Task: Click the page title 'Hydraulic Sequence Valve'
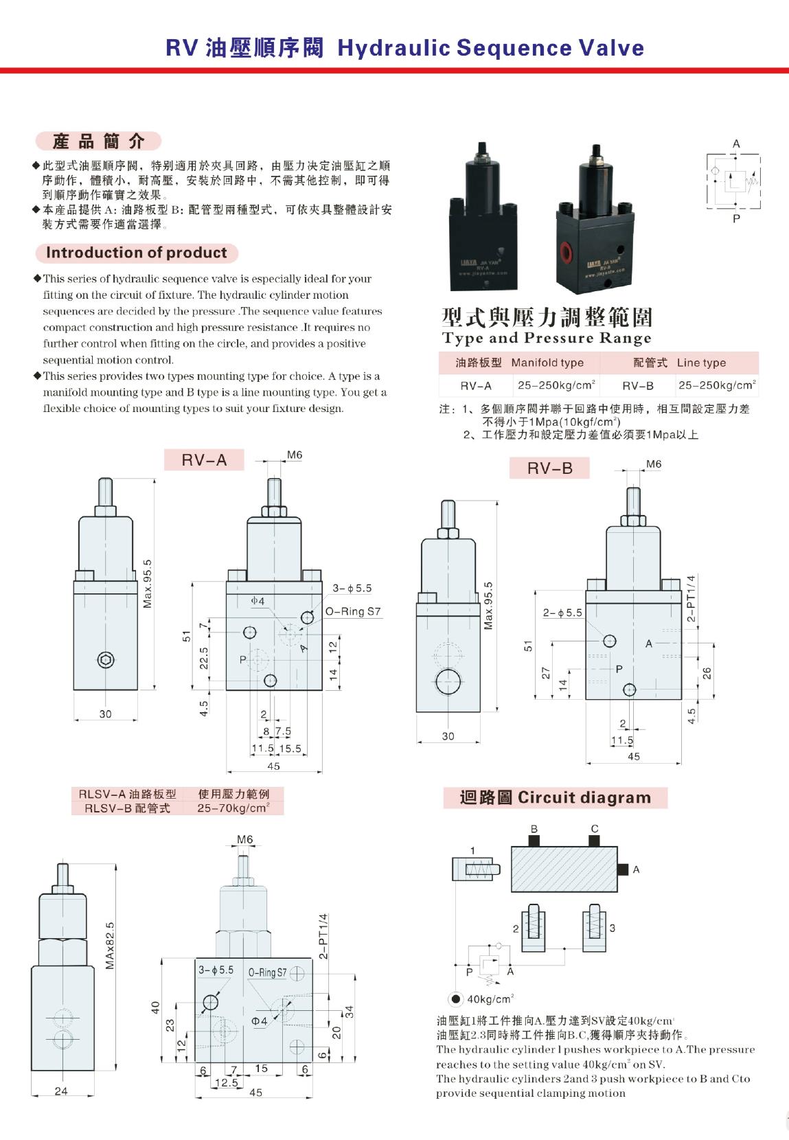pyautogui.click(x=490, y=48)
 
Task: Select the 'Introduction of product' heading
pyautogui.click(x=136, y=253)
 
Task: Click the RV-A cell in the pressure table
pyautogui.click(x=476, y=386)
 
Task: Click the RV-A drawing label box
pyautogui.click(x=204, y=460)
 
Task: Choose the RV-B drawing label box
pyautogui.click(x=549, y=468)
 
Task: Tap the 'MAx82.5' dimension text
pyautogui.click(x=110, y=946)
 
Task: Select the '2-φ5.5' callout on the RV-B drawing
pyautogui.click(x=562, y=613)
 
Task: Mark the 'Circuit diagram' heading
pyautogui.click(x=555, y=797)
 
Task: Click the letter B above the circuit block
pyautogui.click(x=534, y=828)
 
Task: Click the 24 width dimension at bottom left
pyautogui.click(x=61, y=1091)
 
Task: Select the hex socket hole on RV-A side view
pyautogui.click(x=105, y=661)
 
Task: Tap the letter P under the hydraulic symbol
pyautogui.click(x=736, y=219)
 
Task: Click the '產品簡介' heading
pyautogui.click(x=99, y=141)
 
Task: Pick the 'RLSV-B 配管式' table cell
pyautogui.click(x=127, y=808)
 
